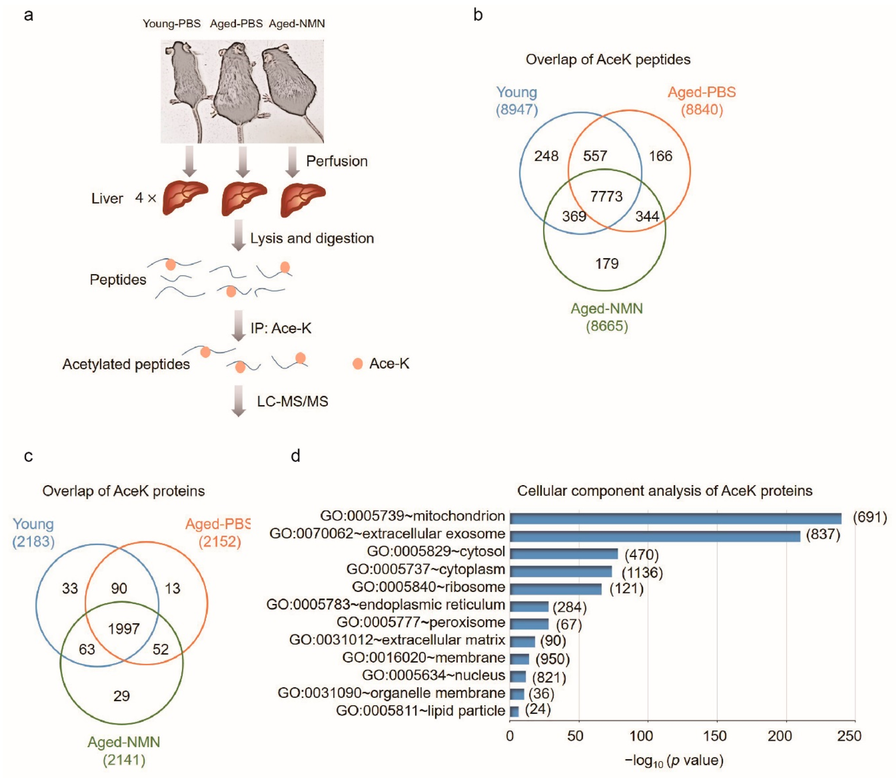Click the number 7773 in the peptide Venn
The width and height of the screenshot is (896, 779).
click(606, 197)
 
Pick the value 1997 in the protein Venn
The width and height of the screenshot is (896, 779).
click(124, 629)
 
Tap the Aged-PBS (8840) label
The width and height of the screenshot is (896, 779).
click(701, 100)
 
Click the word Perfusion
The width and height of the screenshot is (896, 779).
click(337, 161)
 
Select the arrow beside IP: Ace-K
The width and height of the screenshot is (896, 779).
click(238, 326)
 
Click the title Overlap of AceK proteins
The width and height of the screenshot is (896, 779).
click(124, 491)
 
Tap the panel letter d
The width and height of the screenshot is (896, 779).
click(295, 456)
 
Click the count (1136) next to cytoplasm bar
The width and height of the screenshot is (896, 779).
click(642, 572)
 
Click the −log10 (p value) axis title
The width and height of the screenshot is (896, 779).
click(674, 760)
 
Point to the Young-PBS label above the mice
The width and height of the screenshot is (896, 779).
click(172, 23)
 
